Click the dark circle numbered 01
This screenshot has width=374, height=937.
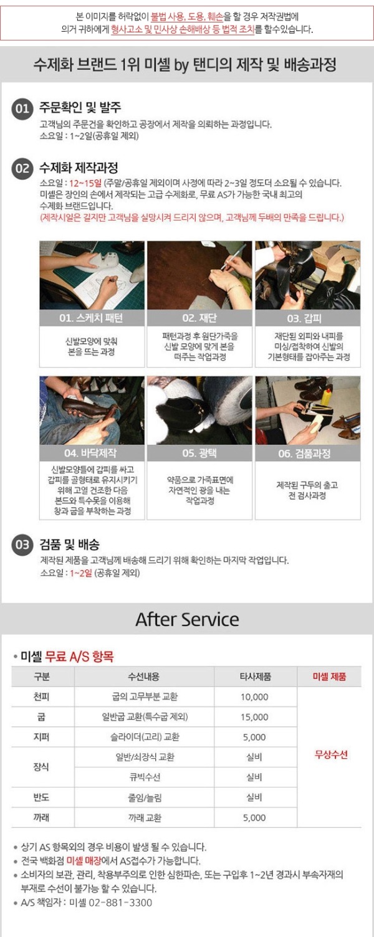point(22,109)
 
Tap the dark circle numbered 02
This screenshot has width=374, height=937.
point(22,169)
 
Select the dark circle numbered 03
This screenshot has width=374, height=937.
point(22,545)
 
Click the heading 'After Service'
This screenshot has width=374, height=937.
point(187,619)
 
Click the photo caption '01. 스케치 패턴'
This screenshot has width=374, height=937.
point(91,318)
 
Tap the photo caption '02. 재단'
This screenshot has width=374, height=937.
point(199,318)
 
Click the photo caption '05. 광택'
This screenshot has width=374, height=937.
point(199,453)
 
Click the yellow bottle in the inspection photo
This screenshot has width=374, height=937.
point(326,396)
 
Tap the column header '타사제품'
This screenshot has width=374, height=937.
point(255,677)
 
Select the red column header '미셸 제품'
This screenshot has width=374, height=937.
point(329,677)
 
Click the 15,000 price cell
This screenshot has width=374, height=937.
point(254,717)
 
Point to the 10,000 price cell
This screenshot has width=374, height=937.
point(254,697)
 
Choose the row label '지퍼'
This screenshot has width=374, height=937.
point(41,736)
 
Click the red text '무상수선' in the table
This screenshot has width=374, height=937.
point(331,754)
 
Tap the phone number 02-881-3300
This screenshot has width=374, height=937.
point(120,902)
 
